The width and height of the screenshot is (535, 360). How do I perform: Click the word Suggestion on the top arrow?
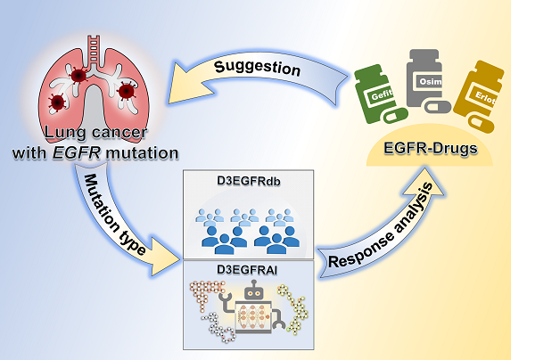(x=259, y=68)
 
